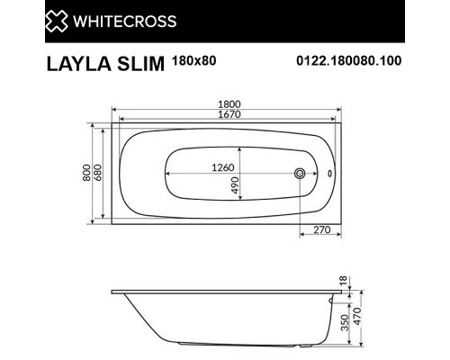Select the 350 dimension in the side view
pos(342,324)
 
